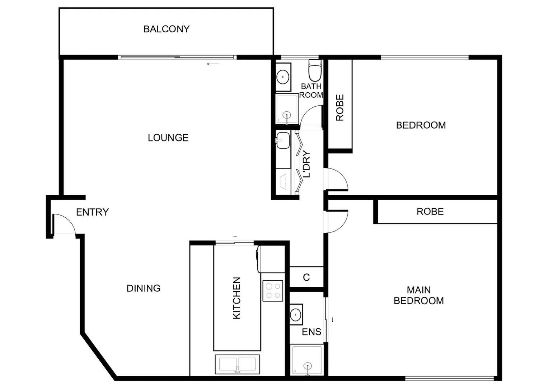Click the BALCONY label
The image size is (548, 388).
coord(166,29)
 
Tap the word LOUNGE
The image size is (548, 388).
coord(168,138)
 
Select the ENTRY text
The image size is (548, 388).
coord(92,212)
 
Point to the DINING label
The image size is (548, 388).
coord(144,288)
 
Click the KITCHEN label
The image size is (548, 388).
coord(236,298)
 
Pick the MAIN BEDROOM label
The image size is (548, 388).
coord(419,295)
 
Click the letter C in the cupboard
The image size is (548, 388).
coord(306,277)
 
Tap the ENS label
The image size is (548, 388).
coord(312,332)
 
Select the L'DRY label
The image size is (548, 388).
coord(306,164)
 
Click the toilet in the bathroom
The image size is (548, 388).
coord(315,71)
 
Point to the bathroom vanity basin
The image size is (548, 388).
coord(283,77)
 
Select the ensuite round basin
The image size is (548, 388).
coord(296,314)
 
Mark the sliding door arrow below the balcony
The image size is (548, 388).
coord(213,64)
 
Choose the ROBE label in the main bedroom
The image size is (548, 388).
coord(430,212)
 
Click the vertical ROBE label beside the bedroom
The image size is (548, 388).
coord(340,107)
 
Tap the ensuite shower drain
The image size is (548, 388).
coord(307,367)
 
